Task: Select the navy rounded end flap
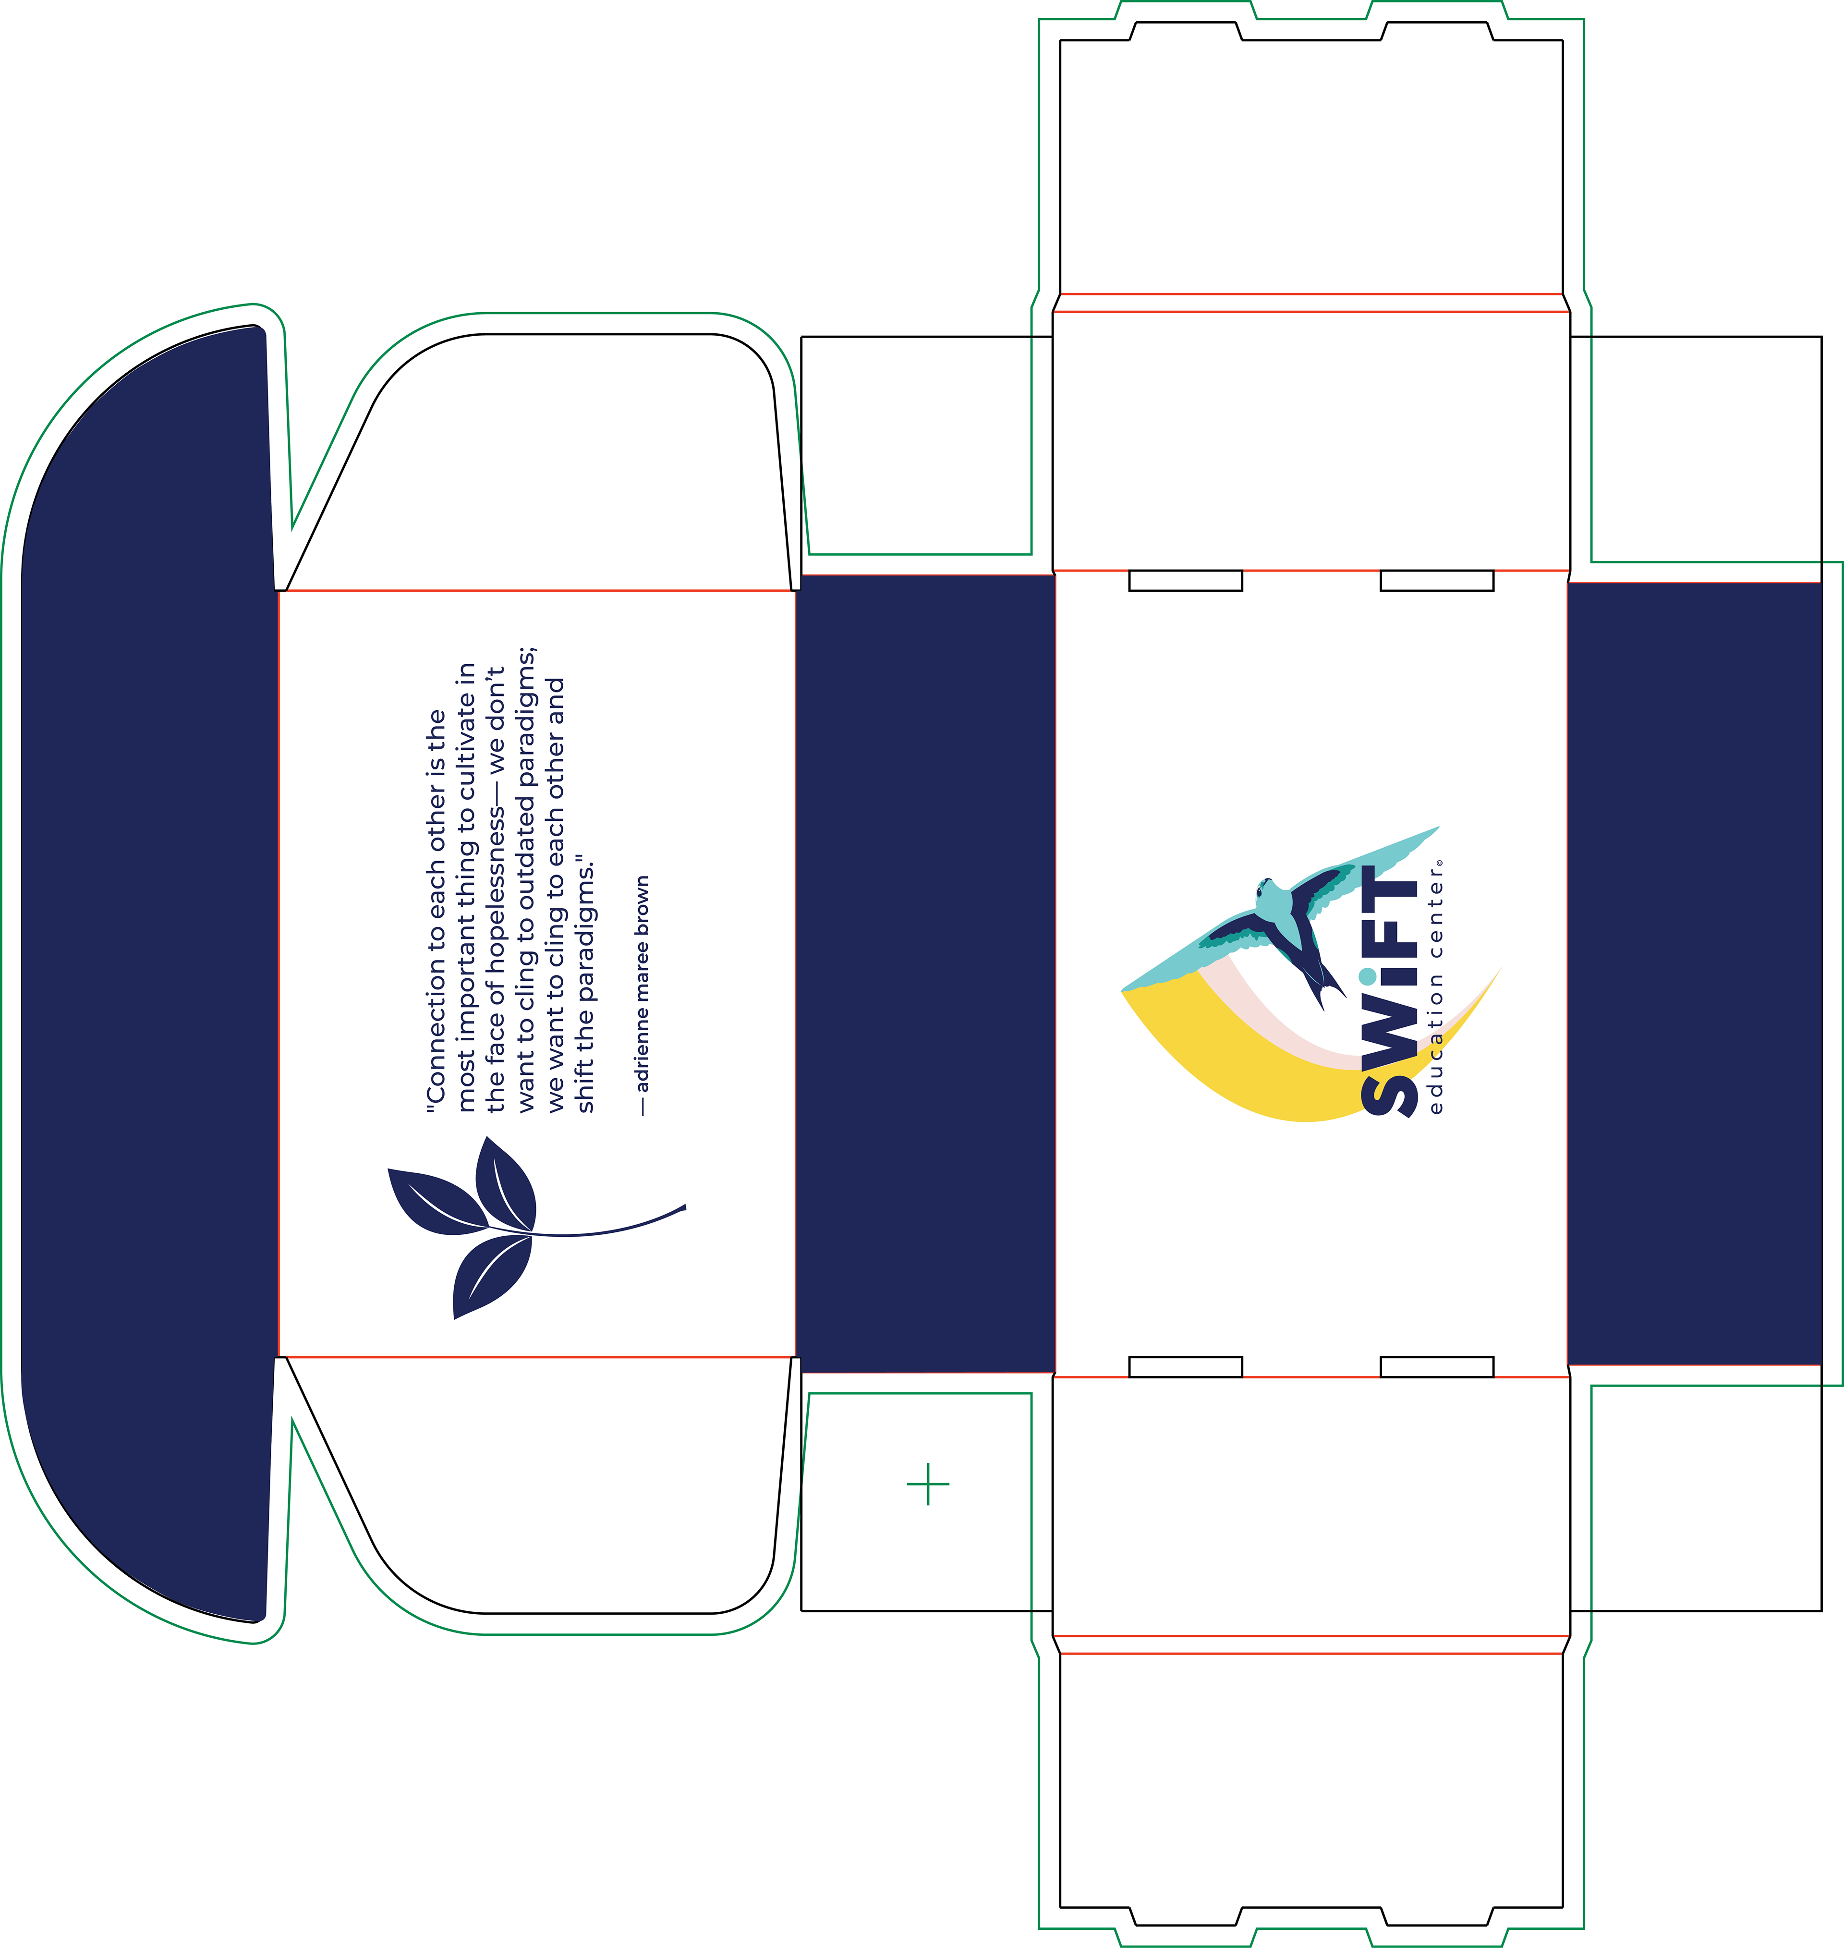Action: (x=147, y=973)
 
